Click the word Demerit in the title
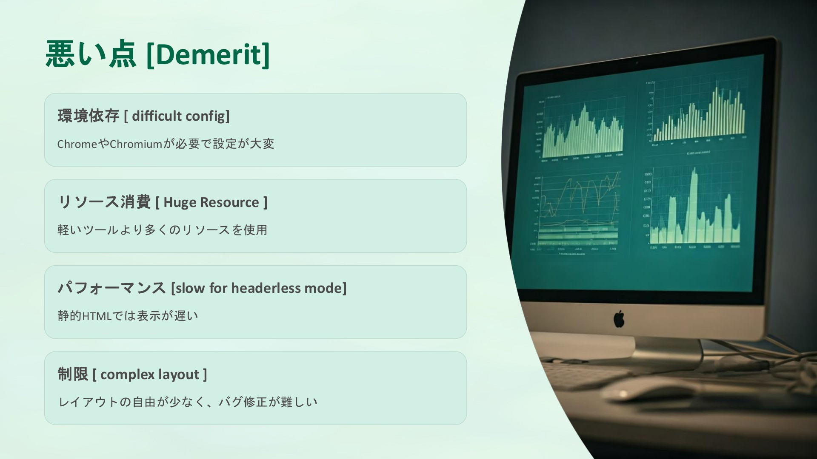[208, 54]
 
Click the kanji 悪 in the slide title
[60, 54]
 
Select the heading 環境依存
[88, 116]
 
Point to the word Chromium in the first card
[136, 144]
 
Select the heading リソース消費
[104, 202]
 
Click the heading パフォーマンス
[111, 288]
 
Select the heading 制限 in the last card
[73, 374]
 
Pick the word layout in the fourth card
[179, 375]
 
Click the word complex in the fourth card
[127, 375]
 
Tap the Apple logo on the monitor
[619, 319]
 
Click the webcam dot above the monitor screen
[637, 63]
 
